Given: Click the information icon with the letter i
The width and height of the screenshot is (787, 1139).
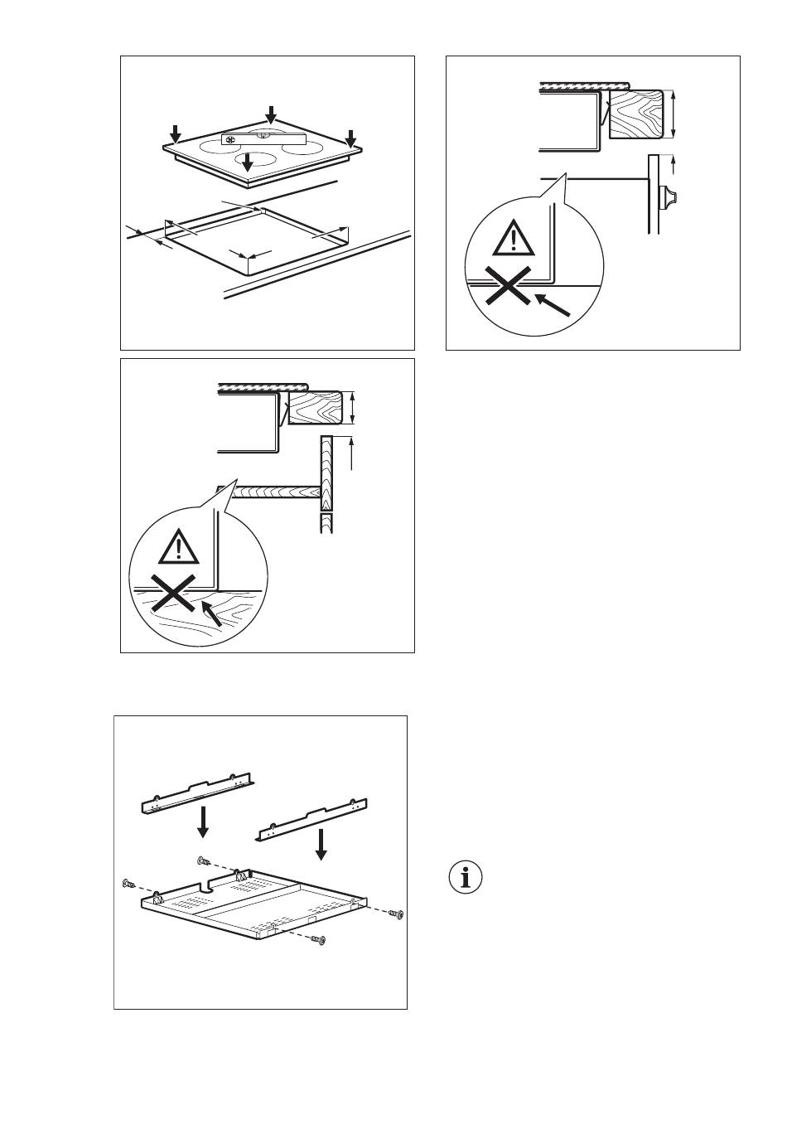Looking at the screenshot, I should tap(466, 877).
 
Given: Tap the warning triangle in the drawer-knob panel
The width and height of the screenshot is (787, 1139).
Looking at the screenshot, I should tap(514, 239).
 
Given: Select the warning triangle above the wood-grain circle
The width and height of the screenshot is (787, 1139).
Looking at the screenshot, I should tap(179, 546).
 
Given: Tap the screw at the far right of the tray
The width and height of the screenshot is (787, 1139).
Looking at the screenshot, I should tap(397, 914).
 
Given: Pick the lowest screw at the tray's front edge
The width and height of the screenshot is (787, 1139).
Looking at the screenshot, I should tap(320, 940).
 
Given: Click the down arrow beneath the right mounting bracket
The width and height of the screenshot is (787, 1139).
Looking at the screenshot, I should tap(321, 843).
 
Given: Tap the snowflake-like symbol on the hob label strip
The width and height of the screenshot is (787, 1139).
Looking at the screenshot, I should tap(231, 140).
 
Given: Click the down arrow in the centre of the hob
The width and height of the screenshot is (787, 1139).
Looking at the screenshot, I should tap(247, 161).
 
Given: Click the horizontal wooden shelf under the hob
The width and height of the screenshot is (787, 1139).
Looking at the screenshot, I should tap(273, 492).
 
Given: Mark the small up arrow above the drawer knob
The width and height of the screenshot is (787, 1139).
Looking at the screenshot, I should tap(674, 162).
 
